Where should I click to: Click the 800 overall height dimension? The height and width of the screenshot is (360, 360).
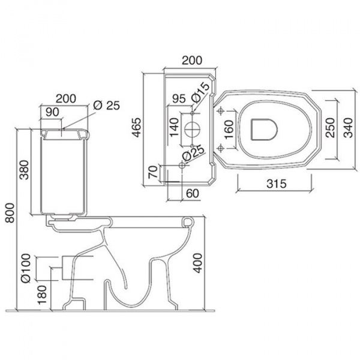click(10, 213)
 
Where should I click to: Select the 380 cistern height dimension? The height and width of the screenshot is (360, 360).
click(25, 170)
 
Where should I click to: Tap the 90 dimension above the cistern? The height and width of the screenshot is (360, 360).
click(52, 112)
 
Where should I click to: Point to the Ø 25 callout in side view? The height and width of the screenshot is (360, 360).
click(107, 106)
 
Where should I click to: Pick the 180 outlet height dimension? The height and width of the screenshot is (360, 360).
click(43, 295)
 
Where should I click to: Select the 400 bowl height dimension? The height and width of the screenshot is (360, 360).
click(197, 263)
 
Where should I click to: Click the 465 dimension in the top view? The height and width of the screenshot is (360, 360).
click(137, 127)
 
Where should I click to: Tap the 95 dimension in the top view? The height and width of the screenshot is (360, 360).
click(179, 99)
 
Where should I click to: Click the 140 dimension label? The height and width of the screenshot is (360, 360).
click(174, 127)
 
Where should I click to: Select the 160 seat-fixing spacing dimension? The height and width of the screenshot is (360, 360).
click(229, 130)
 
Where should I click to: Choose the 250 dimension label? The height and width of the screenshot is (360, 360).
click(331, 127)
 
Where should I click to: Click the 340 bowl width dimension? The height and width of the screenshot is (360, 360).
click(348, 127)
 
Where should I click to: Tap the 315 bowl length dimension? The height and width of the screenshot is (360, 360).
click(277, 184)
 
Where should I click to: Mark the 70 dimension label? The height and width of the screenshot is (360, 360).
click(153, 172)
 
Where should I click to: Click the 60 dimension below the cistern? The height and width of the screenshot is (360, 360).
click(193, 193)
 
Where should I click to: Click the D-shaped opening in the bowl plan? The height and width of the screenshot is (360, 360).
click(264, 130)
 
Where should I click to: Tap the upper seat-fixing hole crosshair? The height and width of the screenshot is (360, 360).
click(221, 111)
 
